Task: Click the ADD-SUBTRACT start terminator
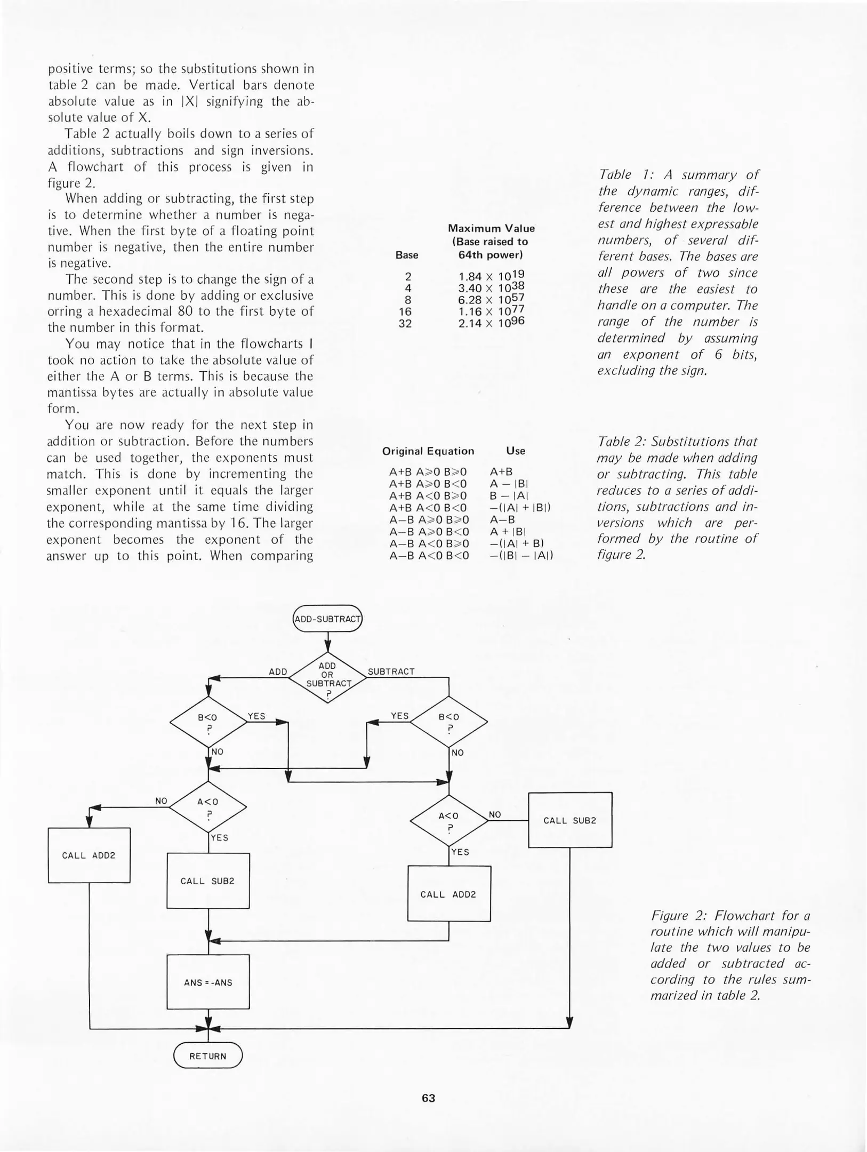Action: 327,619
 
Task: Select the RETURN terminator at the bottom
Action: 208,1056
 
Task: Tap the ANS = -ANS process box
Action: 208,982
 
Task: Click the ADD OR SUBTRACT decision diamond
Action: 327,677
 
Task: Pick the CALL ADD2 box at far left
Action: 89,855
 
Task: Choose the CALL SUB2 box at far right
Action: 570,820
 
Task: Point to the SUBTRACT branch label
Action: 391,671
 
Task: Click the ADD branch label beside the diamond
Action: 278,671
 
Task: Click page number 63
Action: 428,1098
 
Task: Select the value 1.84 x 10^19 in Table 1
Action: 491,276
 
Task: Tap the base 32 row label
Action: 405,323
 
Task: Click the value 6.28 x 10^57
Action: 491,300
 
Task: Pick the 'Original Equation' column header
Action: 428,451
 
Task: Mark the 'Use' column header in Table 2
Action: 516,451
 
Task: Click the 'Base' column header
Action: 407,255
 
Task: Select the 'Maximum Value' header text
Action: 491,228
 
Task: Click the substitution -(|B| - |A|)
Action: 521,555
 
